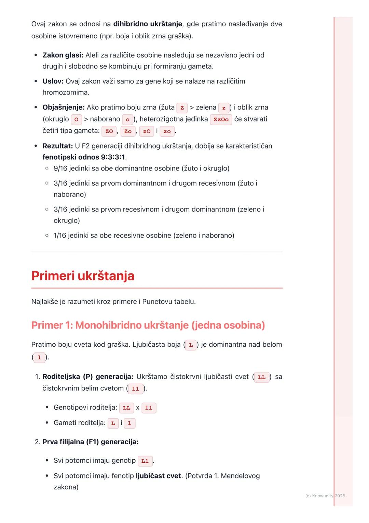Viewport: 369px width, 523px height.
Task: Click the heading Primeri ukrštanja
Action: tap(83, 276)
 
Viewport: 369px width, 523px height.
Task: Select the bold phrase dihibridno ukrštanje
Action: tap(148, 24)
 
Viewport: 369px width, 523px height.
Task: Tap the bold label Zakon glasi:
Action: tap(63, 55)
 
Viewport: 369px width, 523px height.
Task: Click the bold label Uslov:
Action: tap(53, 81)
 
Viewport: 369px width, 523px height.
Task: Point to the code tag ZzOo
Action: tap(221, 119)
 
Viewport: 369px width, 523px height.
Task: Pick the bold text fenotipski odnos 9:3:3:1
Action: tap(84, 157)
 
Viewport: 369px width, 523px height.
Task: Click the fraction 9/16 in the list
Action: tap(60, 168)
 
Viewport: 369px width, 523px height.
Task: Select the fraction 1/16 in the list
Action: tap(60, 235)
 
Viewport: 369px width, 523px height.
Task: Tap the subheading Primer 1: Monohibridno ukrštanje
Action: tap(148, 325)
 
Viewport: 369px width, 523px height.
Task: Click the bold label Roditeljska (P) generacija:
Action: tap(88, 377)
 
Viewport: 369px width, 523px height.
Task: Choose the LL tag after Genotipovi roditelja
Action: tap(126, 408)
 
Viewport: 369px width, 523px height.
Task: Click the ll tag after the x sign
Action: tap(149, 408)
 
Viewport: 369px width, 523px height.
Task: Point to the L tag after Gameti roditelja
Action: tap(113, 423)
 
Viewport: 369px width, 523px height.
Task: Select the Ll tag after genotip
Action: tap(145, 461)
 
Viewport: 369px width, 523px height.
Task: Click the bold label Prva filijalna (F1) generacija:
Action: tap(90, 442)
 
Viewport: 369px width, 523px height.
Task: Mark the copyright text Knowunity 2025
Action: tap(325, 496)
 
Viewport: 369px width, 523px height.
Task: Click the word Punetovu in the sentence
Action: tap(157, 302)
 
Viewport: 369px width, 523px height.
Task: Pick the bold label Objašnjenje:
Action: tap(64, 107)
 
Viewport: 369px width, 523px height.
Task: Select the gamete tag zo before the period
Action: tap(167, 131)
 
